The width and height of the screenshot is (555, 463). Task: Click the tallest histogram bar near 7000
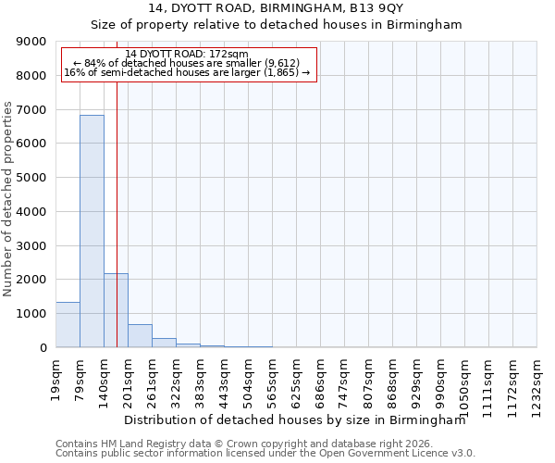point(92,231)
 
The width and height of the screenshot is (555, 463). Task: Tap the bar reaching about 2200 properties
point(116,310)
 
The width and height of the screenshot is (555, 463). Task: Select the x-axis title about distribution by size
point(294,419)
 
